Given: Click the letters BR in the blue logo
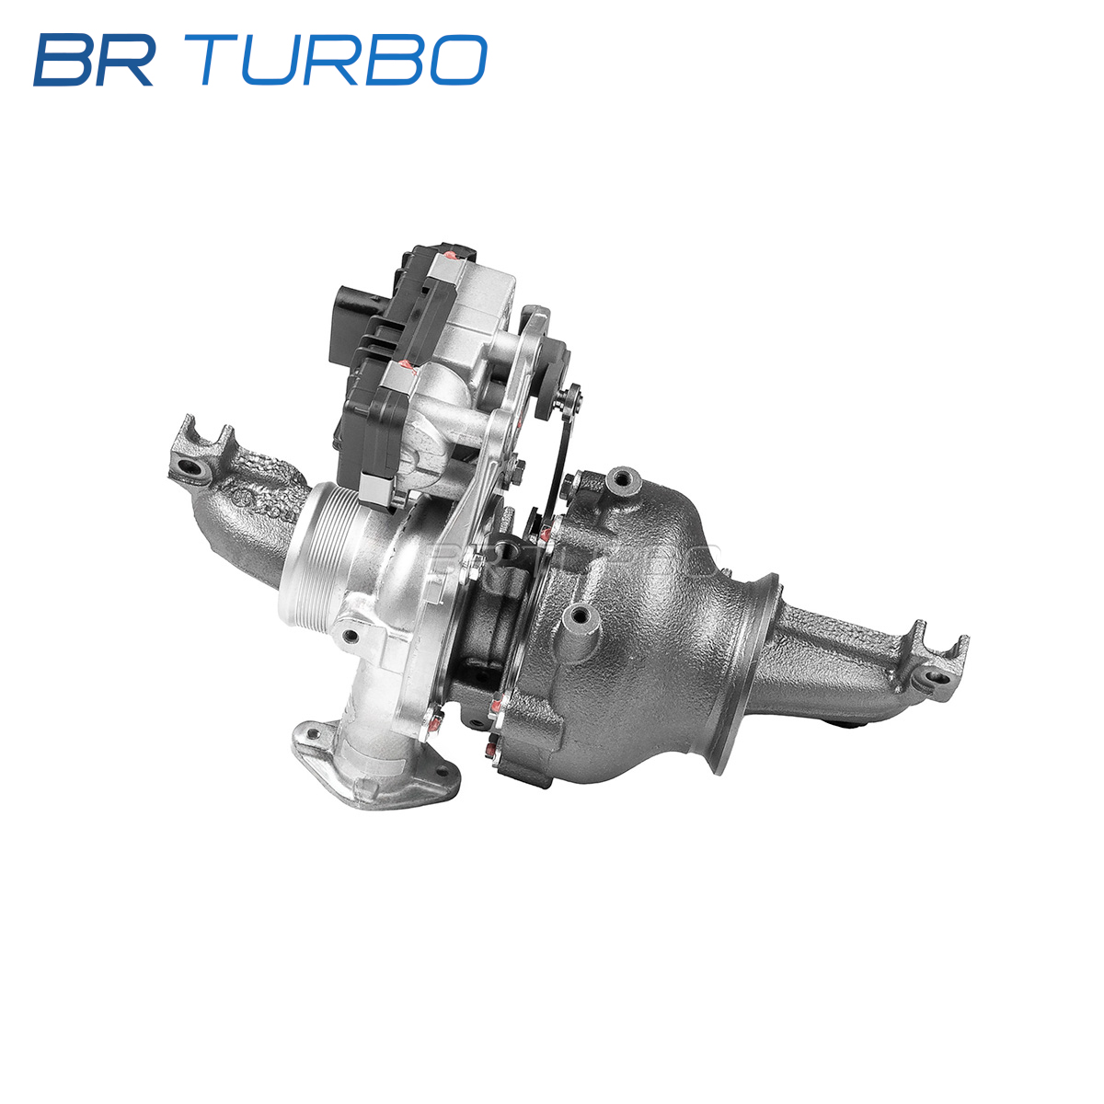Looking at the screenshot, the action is [x=94, y=60].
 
